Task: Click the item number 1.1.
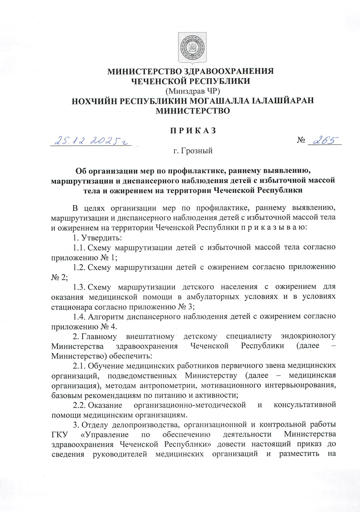coord(79,248)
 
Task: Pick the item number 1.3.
coord(79,287)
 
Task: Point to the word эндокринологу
coord(308,336)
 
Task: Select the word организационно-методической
coord(190,405)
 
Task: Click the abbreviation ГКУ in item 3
coord(59,435)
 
